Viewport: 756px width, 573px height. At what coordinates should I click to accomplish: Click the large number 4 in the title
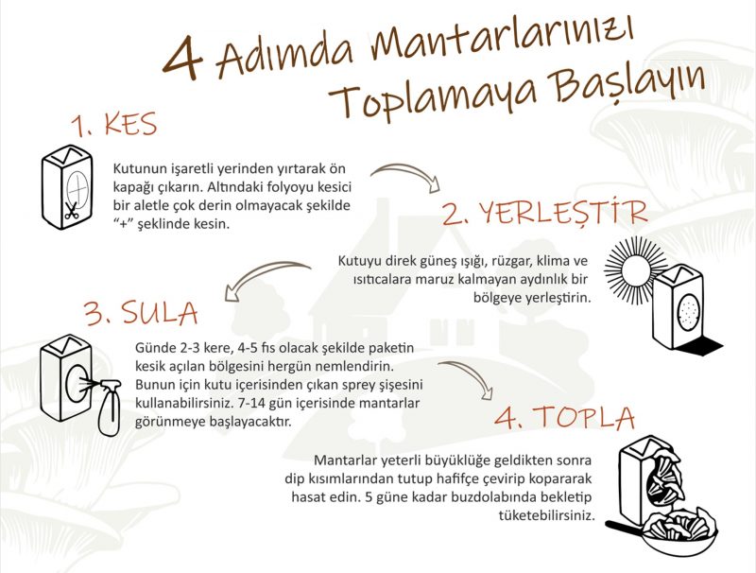click(x=182, y=57)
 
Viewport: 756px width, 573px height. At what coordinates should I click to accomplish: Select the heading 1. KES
click(x=114, y=125)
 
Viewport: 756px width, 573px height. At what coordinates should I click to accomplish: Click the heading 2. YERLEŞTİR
click(x=544, y=212)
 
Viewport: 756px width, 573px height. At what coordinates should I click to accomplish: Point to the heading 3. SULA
click(x=141, y=312)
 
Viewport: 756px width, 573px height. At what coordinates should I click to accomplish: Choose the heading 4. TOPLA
click(x=564, y=417)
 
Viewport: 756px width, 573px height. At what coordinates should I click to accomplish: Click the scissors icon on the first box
click(x=72, y=211)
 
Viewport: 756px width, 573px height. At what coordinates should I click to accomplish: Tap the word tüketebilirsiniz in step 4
click(x=545, y=515)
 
